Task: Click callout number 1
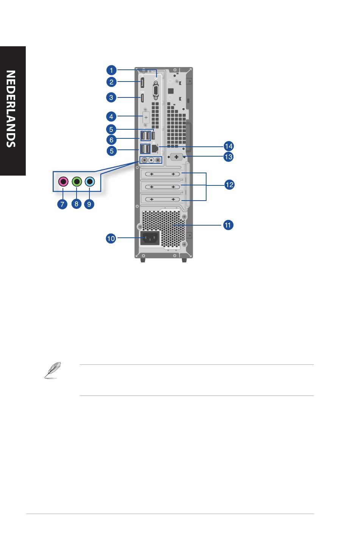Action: coord(111,70)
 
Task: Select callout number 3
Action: coord(111,97)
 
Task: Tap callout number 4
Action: coord(111,116)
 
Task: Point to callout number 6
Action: coord(111,140)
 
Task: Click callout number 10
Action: coord(111,239)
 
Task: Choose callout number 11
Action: coord(228,225)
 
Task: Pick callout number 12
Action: coord(229,185)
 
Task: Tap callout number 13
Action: coord(229,157)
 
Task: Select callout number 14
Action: coord(229,146)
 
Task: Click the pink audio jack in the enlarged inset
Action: coord(63,181)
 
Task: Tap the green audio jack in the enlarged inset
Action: coord(77,181)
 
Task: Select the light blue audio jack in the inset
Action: coord(90,181)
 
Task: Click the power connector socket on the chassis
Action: coord(150,238)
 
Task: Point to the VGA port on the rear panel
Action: coord(155,90)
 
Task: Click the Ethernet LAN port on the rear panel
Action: coord(155,148)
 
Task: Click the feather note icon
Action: coord(53,370)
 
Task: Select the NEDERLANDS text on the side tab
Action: coord(11,109)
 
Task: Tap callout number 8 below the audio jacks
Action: coord(77,204)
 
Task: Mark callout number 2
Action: coord(111,82)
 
